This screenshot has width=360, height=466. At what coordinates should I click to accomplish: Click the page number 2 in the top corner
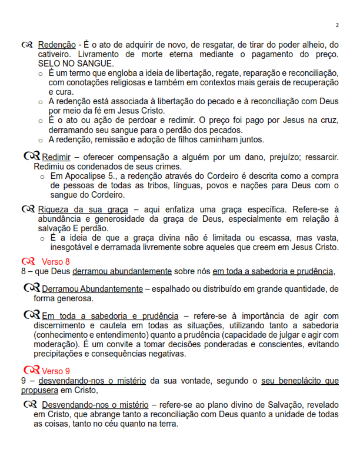(337, 25)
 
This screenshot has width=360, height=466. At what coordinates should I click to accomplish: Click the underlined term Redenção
(56, 45)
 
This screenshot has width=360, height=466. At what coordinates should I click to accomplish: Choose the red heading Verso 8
(56, 261)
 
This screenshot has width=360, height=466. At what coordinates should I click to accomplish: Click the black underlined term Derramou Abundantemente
(92, 289)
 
